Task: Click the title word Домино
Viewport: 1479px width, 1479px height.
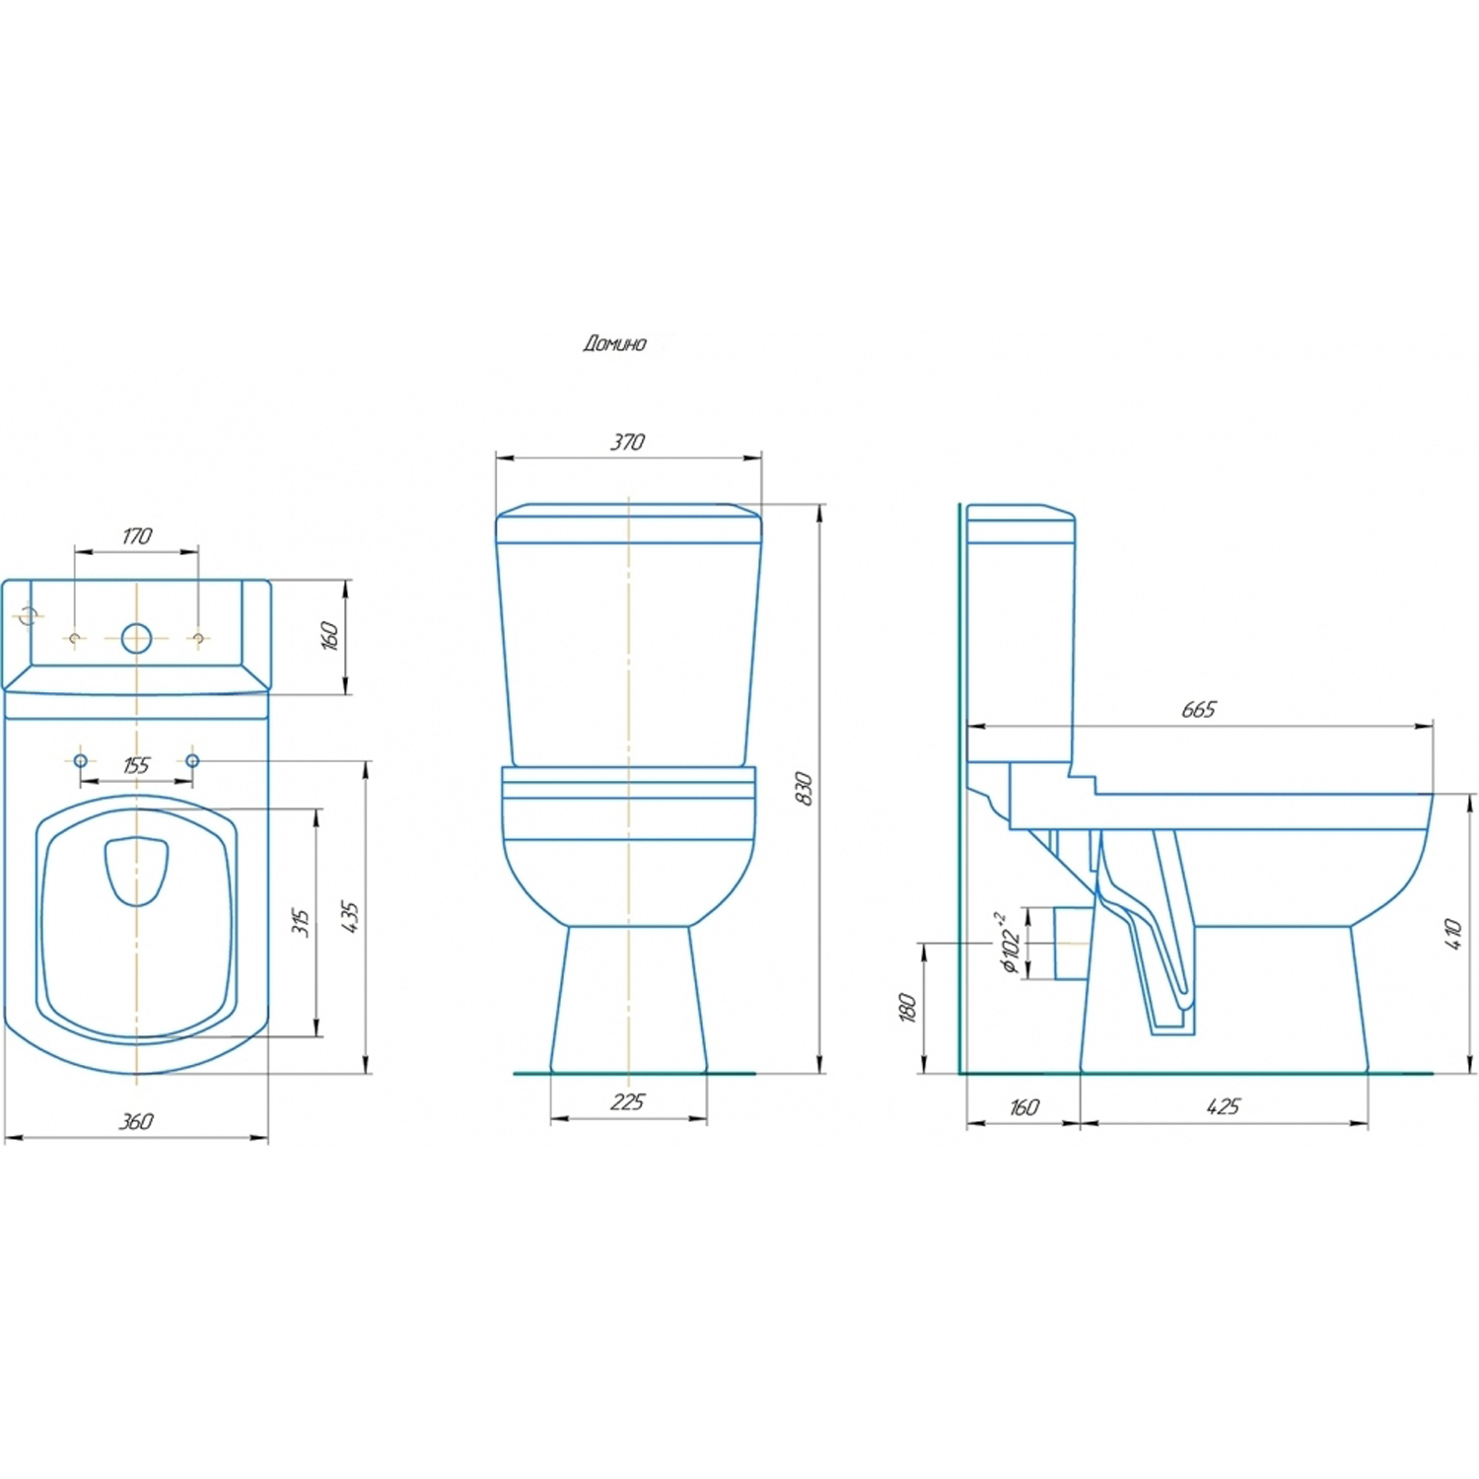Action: click(x=614, y=343)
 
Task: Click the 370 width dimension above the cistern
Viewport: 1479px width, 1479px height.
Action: click(x=627, y=442)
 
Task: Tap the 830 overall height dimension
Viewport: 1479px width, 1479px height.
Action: click(x=805, y=789)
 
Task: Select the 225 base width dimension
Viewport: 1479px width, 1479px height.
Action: click(x=627, y=1101)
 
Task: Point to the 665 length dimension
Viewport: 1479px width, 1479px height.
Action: click(x=1199, y=709)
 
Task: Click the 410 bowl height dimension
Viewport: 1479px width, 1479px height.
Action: click(x=1452, y=934)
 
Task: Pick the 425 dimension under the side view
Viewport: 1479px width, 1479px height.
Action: click(x=1223, y=1106)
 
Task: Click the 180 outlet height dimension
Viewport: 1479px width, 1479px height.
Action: click(x=907, y=1008)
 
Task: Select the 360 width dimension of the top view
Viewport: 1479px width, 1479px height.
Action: click(x=136, y=1121)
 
